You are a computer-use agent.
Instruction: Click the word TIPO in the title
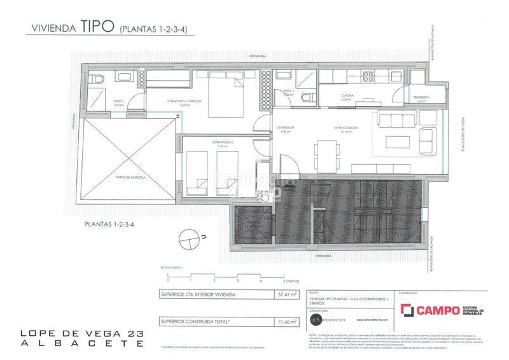(97, 27)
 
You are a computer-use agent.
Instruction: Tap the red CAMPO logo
(429, 310)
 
